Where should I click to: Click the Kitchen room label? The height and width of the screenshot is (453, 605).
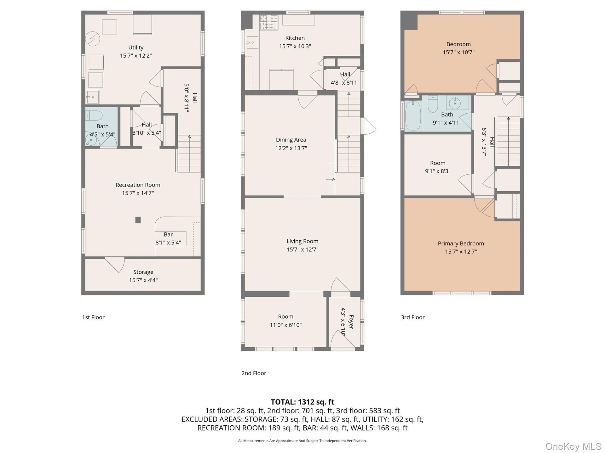[x=295, y=38]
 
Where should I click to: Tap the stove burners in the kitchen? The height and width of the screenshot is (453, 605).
[x=268, y=22]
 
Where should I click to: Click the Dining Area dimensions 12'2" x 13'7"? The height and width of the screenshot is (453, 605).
[x=291, y=148]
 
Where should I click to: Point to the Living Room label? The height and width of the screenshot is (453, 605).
[x=302, y=241]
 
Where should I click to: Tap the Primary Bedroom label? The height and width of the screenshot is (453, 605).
[x=461, y=243]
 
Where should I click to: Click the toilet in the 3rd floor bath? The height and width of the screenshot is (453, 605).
[x=433, y=104]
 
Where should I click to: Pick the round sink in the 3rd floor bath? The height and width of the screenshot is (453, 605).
[x=455, y=103]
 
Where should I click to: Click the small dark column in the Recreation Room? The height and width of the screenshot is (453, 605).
[x=138, y=220]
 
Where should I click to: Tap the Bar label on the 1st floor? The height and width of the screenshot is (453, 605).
[x=168, y=234]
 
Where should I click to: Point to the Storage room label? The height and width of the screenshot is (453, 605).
[x=143, y=272]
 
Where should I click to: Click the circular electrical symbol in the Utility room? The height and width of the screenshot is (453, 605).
[x=93, y=39]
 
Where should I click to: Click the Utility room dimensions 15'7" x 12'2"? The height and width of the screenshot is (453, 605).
[x=136, y=56]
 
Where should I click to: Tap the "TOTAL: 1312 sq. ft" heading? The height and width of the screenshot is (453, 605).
[x=302, y=402]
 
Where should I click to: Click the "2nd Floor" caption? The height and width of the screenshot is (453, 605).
[x=254, y=373]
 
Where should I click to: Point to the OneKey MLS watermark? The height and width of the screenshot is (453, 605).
[x=573, y=446]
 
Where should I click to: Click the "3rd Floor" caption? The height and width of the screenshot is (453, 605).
[x=412, y=317]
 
